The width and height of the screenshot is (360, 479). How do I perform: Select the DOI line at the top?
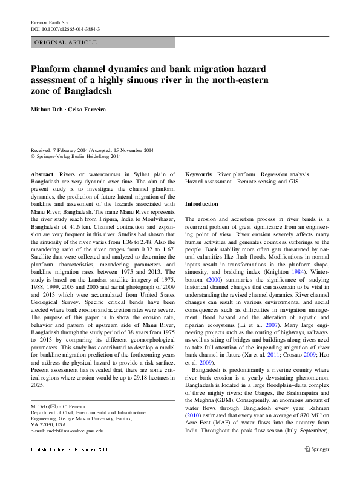65,29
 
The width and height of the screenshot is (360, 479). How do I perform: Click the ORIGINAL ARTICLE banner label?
66,42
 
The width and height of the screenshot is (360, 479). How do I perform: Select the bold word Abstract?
42,174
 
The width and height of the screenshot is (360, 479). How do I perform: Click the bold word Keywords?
198,174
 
